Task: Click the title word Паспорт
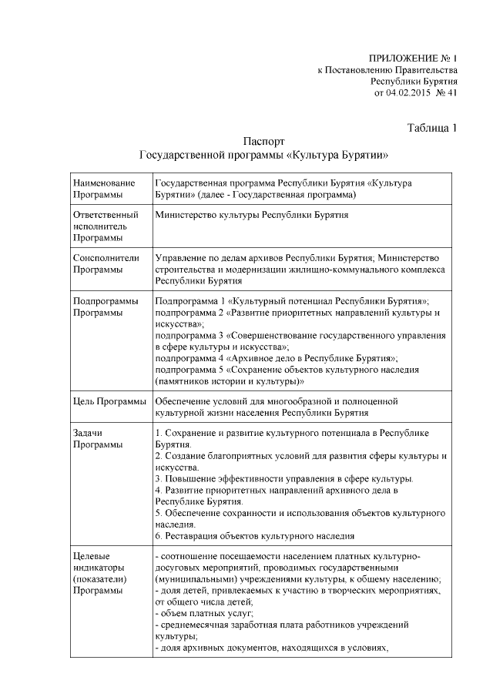click(263, 142)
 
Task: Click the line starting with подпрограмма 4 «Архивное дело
click(276, 358)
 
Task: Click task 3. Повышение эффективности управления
click(284, 478)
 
